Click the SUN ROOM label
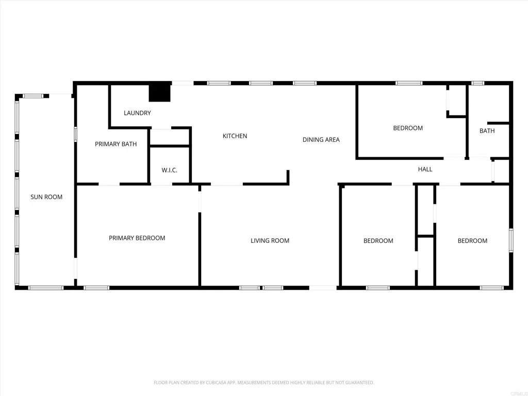click(46, 197)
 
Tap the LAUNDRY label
click(137, 113)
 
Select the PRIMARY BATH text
click(115, 144)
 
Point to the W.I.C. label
click(169, 170)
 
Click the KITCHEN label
click(235, 136)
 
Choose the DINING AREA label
click(321, 140)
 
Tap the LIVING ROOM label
click(270, 241)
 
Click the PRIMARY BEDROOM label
click(137, 238)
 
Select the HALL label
click(425, 169)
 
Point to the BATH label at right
click(487, 131)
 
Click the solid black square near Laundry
click(160, 92)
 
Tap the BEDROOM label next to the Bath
click(408, 128)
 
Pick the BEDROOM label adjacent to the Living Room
click(378, 241)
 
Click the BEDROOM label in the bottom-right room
click(472, 241)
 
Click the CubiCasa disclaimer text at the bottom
click(264, 383)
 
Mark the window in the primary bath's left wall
click(76, 134)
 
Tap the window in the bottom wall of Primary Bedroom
click(96, 288)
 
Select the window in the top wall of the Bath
click(478, 83)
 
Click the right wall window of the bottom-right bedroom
click(511, 240)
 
